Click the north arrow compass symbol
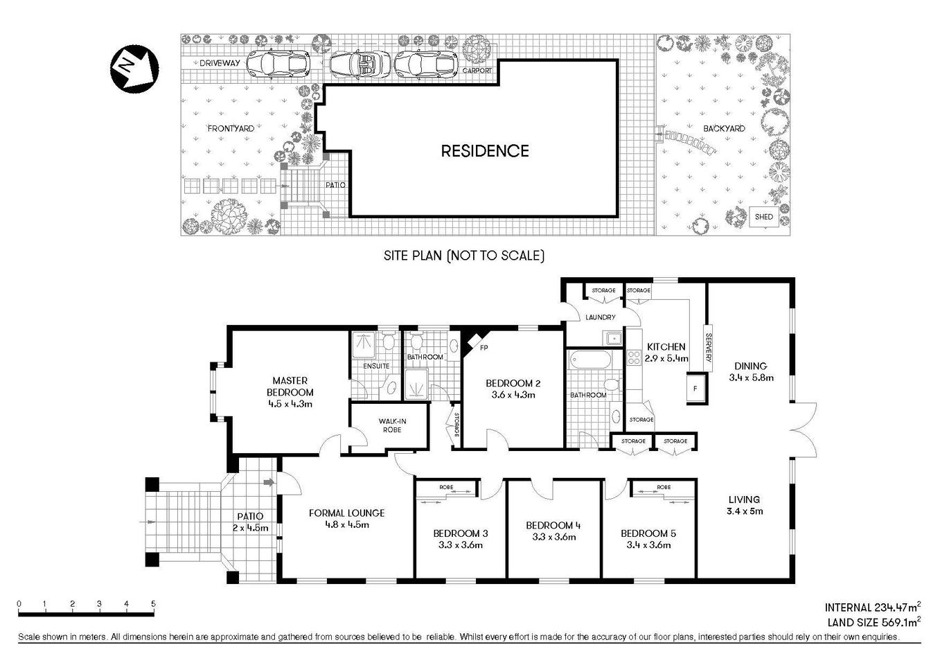134,66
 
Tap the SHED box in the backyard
763,217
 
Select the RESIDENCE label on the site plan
485,151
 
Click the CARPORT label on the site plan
477,71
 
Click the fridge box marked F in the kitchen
695,388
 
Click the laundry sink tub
612,338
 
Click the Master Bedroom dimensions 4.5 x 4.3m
290,403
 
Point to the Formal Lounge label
346,513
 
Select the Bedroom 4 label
553,525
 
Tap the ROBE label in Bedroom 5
663,488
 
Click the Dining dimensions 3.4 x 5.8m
751,378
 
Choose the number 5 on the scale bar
153,603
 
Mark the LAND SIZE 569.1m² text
873,622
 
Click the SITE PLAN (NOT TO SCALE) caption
464,256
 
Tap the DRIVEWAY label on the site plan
220,63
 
